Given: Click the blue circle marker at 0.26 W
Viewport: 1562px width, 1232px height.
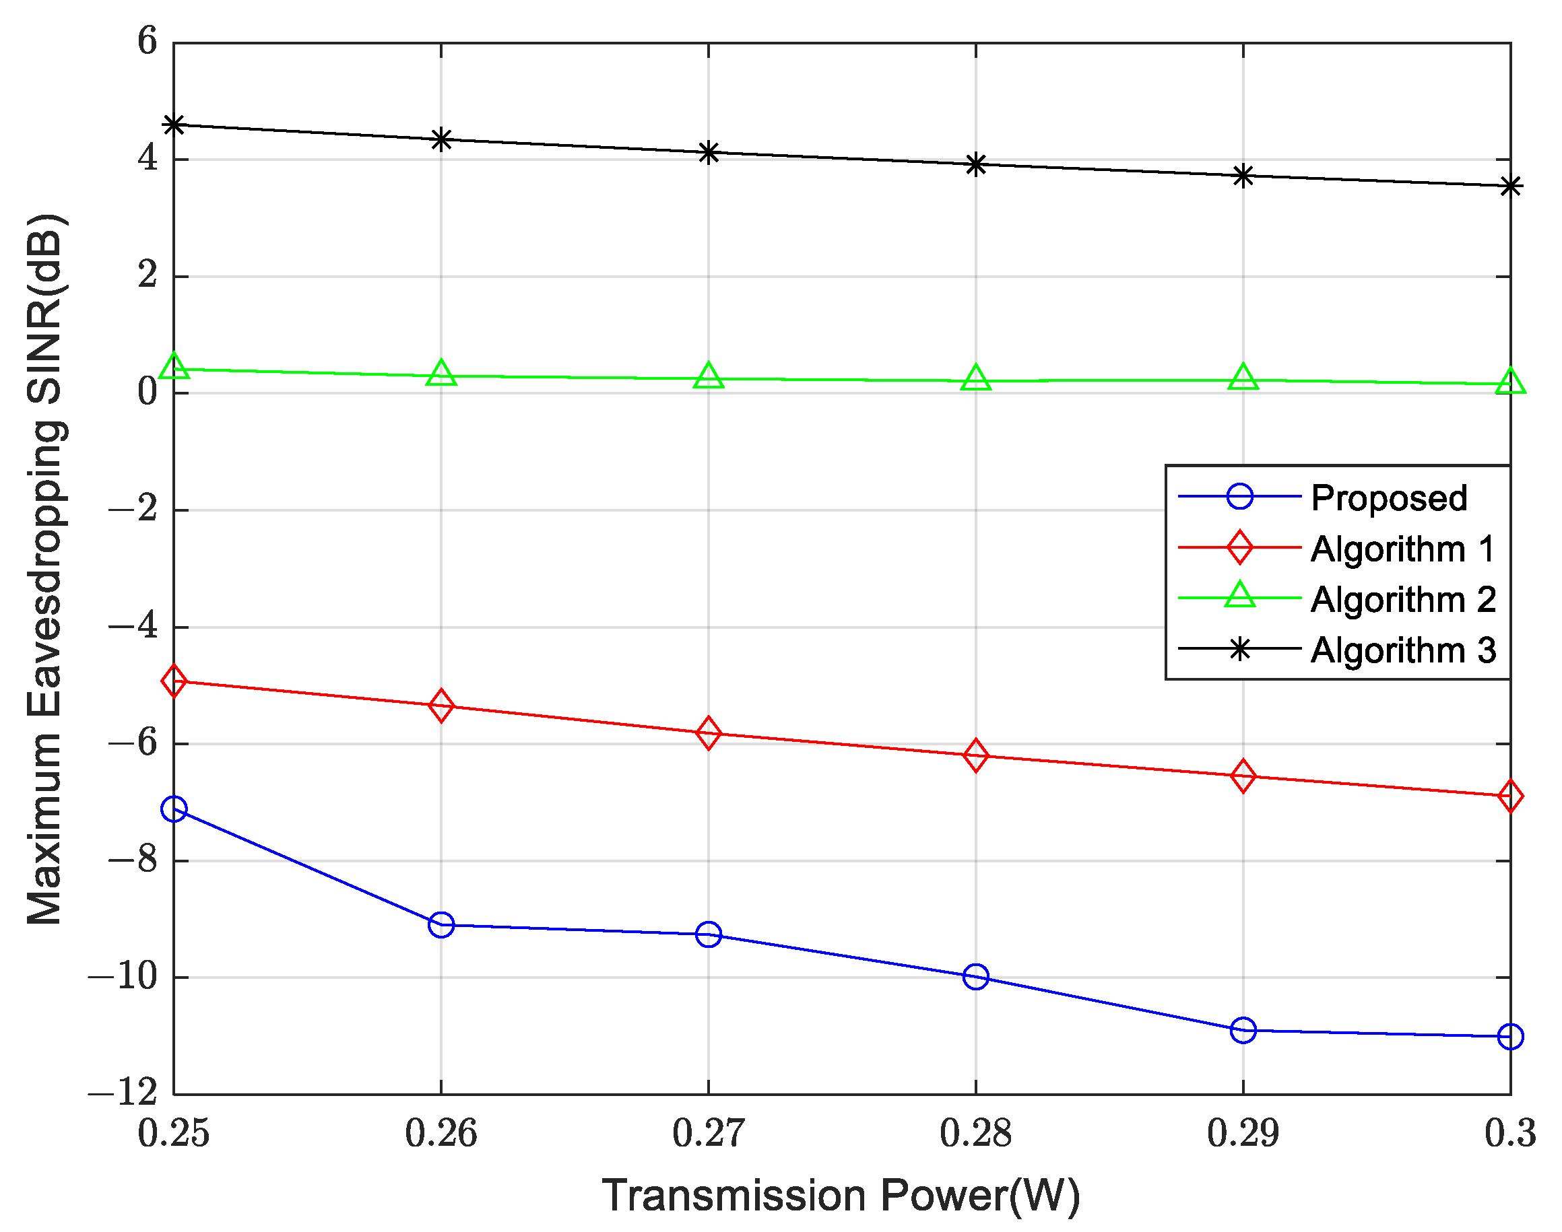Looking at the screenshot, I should [x=441, y=925].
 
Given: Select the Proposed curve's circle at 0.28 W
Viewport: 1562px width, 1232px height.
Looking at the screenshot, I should [x=975, y=978].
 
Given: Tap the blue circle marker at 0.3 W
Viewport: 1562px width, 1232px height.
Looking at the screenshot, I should [x=1510, y=1037].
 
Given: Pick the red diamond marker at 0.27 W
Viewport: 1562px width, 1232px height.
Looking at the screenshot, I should [x=709, y=734].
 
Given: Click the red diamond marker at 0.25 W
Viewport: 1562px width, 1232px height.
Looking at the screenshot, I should [x=174, y=680].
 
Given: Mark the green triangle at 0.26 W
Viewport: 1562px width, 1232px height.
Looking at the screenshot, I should [x=441, y=374].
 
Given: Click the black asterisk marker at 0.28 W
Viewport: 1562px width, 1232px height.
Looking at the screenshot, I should [x=975, y=164].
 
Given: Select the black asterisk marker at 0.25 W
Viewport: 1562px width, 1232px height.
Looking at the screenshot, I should [x=174, y=125].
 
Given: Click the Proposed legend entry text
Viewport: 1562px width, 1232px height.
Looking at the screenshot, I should [x=1389, y=498].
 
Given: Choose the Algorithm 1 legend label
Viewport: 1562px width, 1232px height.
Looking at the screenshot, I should [x=1402, y=549].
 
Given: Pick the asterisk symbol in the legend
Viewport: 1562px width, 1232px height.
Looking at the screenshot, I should [x=1239, y=649].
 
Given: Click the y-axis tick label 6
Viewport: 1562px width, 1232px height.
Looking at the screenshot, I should [x=148, y=41].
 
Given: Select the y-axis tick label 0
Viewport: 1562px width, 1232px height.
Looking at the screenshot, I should [x=148, y=392].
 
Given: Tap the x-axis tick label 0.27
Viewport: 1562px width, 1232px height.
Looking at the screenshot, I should [x=708, y=1133].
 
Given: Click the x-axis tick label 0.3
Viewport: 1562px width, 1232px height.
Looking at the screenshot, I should [x=1509, y=1133].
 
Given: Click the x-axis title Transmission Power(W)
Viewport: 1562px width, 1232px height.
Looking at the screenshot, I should [x=841, y=1196].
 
